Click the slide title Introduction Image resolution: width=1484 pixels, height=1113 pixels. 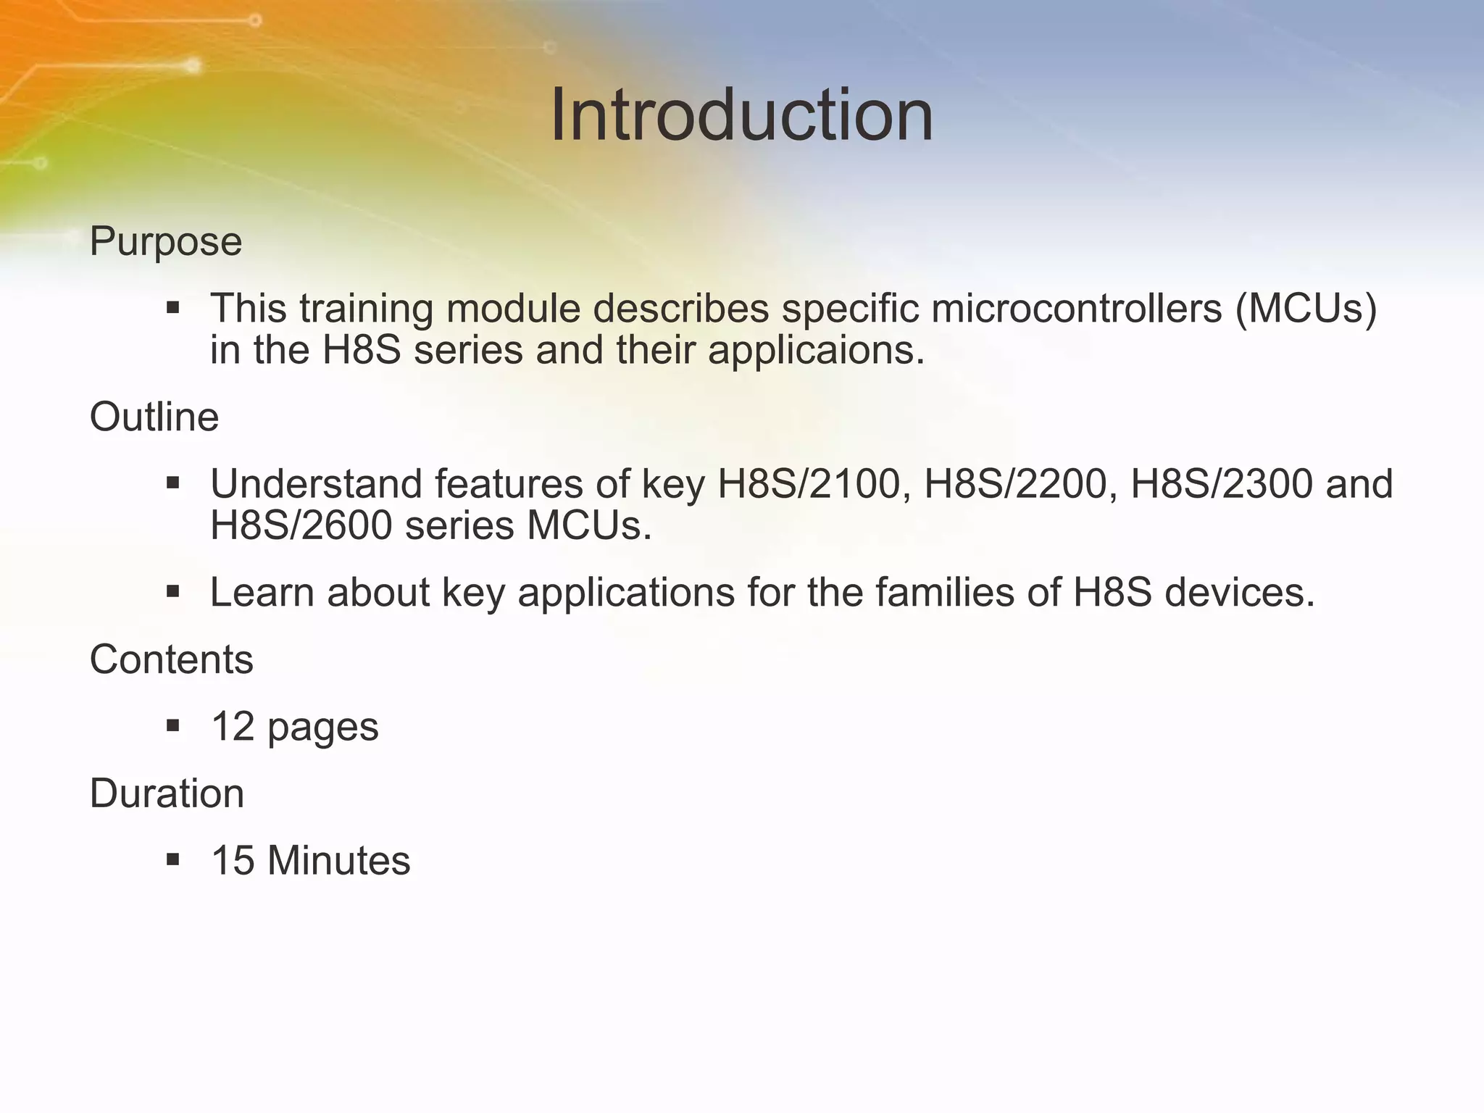[741, 116]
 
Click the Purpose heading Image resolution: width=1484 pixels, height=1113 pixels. [165, 241]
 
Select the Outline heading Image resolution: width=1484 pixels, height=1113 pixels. [154, 417]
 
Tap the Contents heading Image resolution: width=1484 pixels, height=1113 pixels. [171, 659]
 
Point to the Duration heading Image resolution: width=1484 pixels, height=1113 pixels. [167, 793]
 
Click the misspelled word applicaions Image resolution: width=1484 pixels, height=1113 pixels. [816, 351]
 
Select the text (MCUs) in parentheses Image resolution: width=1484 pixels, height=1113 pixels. [1306, 309]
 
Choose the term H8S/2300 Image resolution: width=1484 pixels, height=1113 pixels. [1221, 484]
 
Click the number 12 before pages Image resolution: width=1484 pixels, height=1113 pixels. [233, 727]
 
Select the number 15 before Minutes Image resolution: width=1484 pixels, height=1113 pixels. [233, 861]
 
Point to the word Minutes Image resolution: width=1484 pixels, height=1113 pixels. [338, 861]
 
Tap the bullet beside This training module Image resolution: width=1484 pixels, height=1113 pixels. [172, 308]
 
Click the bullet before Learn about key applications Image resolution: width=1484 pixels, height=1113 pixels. [172, 592]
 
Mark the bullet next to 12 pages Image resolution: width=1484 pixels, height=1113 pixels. [172, 726]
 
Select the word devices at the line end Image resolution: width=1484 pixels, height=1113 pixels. [1239, 593]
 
